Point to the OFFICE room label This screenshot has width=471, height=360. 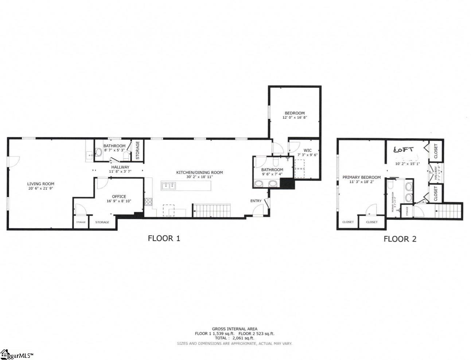[119, 196]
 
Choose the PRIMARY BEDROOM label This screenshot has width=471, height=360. [361, 177]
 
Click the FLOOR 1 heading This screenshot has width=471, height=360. [164, 238]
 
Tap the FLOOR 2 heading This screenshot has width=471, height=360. [400, 239]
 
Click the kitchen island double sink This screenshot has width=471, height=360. [169, 186]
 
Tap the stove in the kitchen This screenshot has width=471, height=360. [149, 201]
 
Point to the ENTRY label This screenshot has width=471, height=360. [256, 201]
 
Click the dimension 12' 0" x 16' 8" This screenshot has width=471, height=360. [294, 118]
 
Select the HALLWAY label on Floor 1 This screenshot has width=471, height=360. [120, 167]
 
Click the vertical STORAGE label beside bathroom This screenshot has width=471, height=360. [137, 150]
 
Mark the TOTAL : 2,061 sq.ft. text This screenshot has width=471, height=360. [234, 338]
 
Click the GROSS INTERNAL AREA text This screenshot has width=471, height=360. [234, 329]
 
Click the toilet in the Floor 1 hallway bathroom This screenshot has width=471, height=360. [98, 152]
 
